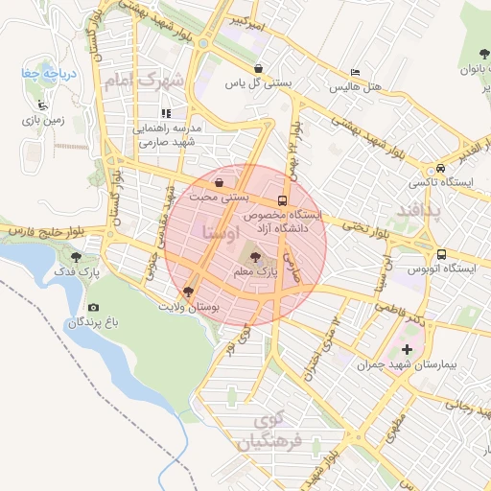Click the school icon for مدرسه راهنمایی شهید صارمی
tap(167, 113)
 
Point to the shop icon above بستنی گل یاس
tap(259, 69)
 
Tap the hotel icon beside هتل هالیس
tap(356, 73)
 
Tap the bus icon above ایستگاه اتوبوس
tap(441, 255)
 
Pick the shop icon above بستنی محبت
tap(221, 182)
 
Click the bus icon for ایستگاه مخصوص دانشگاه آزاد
tap(282, 201)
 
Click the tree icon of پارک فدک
tap(77, 256)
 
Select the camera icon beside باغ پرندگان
tap(93, 307)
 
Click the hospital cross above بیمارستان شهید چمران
tap(407, 349)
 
